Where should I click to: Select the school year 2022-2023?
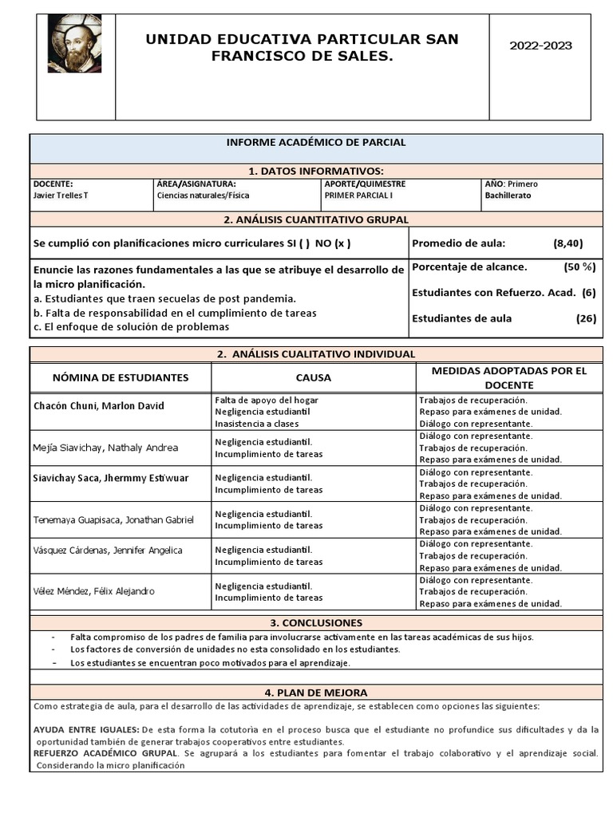(540, 46)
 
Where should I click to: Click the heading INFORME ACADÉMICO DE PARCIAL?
(316, 143)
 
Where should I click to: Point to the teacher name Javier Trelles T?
(61, 195)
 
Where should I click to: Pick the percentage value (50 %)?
(579, 267)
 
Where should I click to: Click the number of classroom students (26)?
(586, 318)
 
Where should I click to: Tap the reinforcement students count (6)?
(588, 293)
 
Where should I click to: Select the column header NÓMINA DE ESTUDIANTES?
(121, 377)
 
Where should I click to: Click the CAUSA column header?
(313, 377)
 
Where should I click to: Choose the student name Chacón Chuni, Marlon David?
(98, 406)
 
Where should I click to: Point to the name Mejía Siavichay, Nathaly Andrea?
(105, 448)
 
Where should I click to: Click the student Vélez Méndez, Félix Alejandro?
(94, 591)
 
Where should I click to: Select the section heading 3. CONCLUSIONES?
(316, 622)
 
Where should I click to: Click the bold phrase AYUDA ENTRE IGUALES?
(86, 730)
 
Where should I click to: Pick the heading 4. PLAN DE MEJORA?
(316, 693)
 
